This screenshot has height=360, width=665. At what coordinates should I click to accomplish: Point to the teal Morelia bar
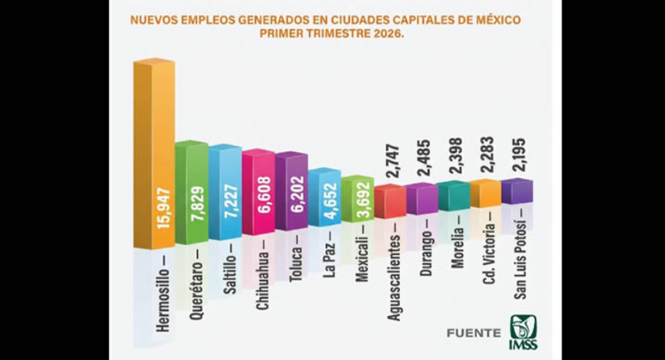click(x=453, y=197)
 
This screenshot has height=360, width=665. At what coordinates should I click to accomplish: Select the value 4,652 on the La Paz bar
click(x=332, y=202)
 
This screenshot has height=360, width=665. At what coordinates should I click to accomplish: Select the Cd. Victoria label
click(x=489, y=254)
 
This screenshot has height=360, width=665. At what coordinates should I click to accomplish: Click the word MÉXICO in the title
click(x=498, y=21)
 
